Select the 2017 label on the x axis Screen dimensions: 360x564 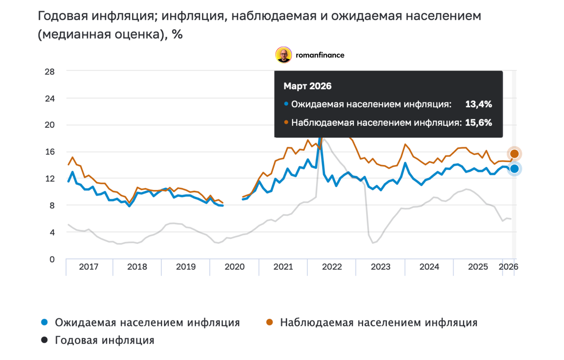click(88, 267)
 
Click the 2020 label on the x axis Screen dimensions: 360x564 click(235, 267)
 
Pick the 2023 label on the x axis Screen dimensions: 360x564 click(381, 267)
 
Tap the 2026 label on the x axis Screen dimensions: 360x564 click(508, 267)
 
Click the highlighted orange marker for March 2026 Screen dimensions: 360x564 click(514, 154)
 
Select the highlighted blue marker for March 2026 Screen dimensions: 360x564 click(514, 169)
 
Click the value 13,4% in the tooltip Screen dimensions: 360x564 click(478, 104)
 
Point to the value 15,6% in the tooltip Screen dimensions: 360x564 click(478, 123)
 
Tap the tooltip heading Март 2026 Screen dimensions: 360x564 click(307, 86)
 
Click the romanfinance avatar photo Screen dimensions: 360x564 click(283, 55)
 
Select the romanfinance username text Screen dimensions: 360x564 click(320, 55)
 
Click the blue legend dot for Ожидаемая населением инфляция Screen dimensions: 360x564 click(45, 322)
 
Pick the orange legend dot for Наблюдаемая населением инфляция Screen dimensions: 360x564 click(269, 322)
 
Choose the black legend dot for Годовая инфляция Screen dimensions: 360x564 click(45, 340)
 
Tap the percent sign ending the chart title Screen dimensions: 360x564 click(177, 34)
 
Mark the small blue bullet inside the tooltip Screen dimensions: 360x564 click(286, 104)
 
